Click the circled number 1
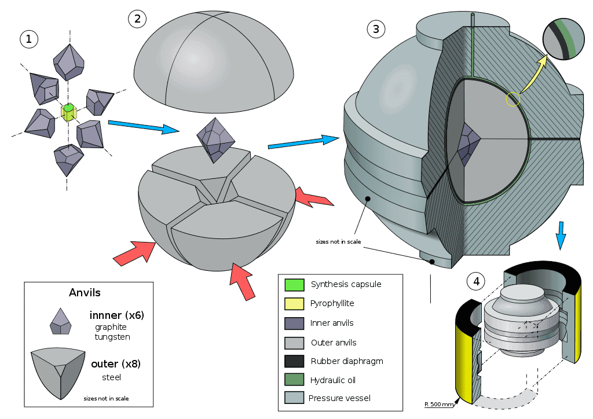(29, 39)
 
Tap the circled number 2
(137, 19)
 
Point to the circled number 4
(476, 282)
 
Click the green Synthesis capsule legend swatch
(294, 285)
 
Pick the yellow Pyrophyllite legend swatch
(294, 303)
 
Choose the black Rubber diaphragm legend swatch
(294, 361)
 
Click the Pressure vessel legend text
(339, 398)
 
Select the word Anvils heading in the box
(85, 293)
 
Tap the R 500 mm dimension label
(438, 404)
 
